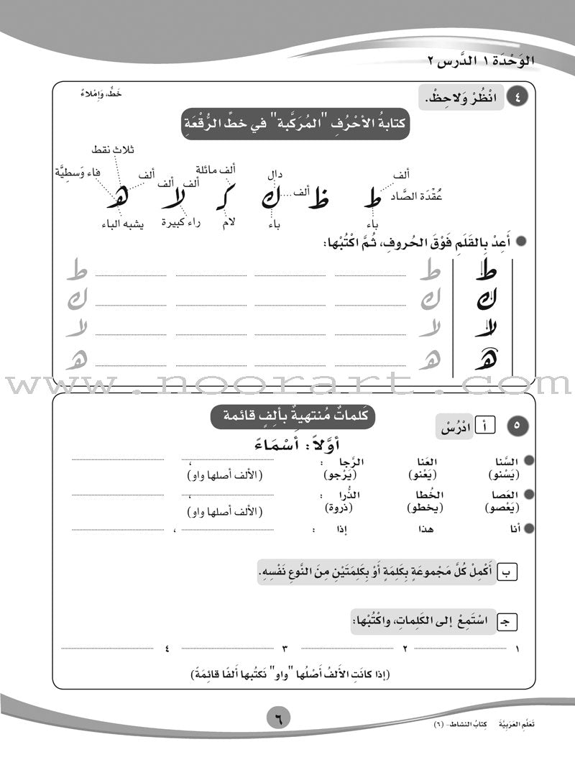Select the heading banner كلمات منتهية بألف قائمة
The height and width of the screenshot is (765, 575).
point(294,416)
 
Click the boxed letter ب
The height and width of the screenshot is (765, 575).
point(507,572)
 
